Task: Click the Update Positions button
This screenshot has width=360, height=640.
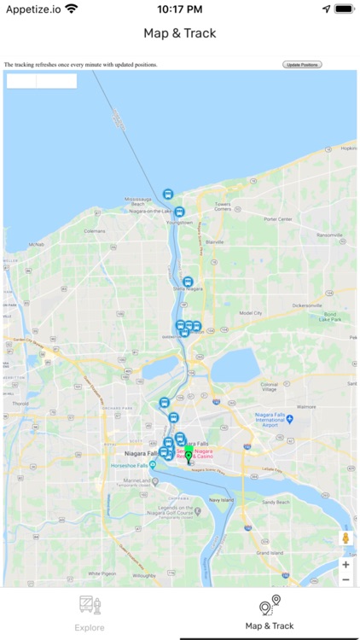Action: tap(302, 65)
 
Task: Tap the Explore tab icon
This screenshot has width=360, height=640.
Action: tap(90, 606)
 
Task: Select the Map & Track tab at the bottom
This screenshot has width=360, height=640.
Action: tap(270, 613)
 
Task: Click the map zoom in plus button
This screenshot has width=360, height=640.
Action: tap(345, 564)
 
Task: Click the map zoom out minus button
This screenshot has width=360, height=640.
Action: tap(345, 579)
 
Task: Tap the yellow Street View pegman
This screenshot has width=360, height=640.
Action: tap(345, 538)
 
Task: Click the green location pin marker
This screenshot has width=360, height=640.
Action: tap(189, 457)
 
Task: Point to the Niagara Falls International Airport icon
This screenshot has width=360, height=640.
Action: tap(290, 420)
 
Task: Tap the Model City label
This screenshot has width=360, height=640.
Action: tap(251, 312)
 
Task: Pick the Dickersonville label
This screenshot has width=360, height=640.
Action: tap(308, 305)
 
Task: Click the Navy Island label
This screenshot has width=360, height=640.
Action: tap(221, 500)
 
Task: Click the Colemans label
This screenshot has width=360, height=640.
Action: tap(95, 231)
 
